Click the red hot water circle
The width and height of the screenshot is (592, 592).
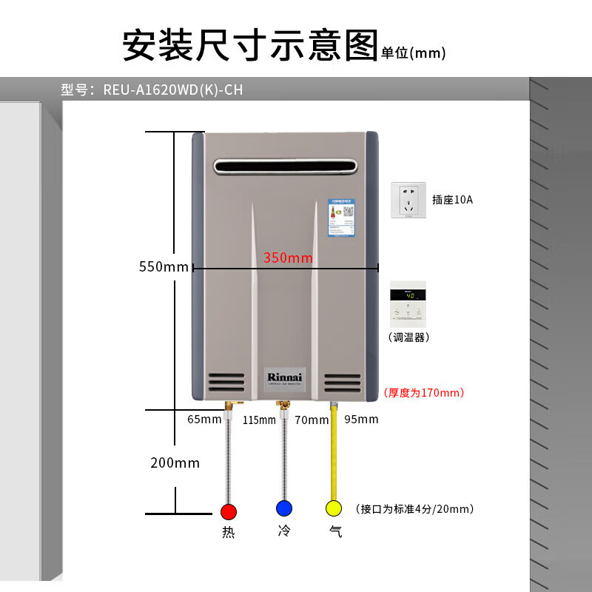229,511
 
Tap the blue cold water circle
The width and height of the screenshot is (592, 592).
283,508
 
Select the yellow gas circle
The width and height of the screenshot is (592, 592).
334,508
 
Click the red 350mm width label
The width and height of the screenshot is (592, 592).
288,258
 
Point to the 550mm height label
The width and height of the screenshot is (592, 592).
164,266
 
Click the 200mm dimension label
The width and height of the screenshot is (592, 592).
175,463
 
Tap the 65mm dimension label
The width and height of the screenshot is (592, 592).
204,420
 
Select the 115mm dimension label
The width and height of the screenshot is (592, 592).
258,420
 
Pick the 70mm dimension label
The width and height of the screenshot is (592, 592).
311,420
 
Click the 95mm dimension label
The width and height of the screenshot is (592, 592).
361,420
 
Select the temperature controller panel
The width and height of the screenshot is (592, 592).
408,304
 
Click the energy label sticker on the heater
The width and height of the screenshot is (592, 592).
341,217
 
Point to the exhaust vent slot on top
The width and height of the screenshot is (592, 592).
285,167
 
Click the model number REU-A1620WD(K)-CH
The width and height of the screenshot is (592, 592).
173,90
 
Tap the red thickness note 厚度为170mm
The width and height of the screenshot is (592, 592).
423,392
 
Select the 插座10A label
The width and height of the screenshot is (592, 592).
452,200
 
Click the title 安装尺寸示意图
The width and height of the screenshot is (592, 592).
249,46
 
